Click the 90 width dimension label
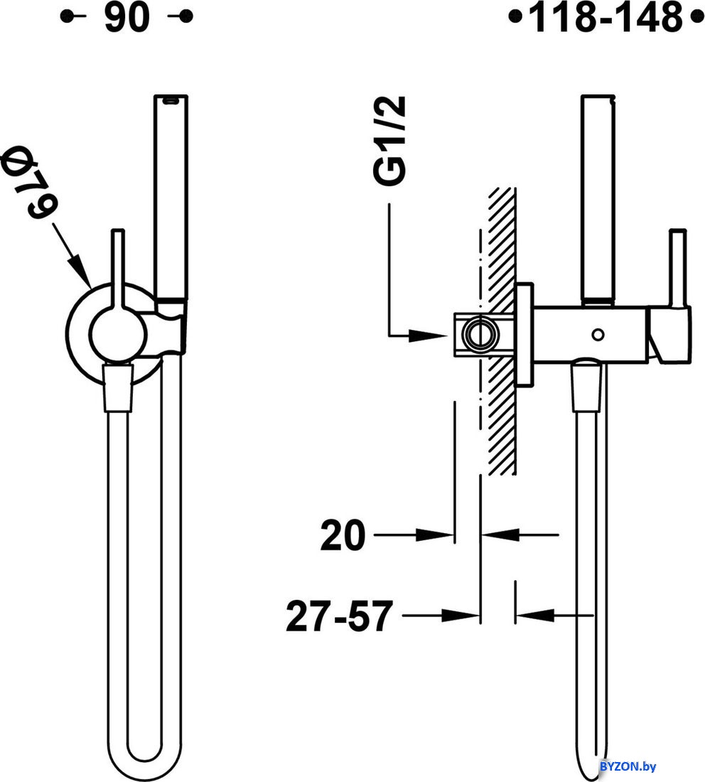coord(127,17)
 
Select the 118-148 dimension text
coord(606,17)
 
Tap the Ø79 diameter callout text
coord(30,181)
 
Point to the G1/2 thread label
coord(390,141)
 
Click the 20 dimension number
coord(343,535)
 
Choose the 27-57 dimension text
coord(340,616)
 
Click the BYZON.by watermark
coord(628,766)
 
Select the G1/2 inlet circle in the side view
coord(480,335)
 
